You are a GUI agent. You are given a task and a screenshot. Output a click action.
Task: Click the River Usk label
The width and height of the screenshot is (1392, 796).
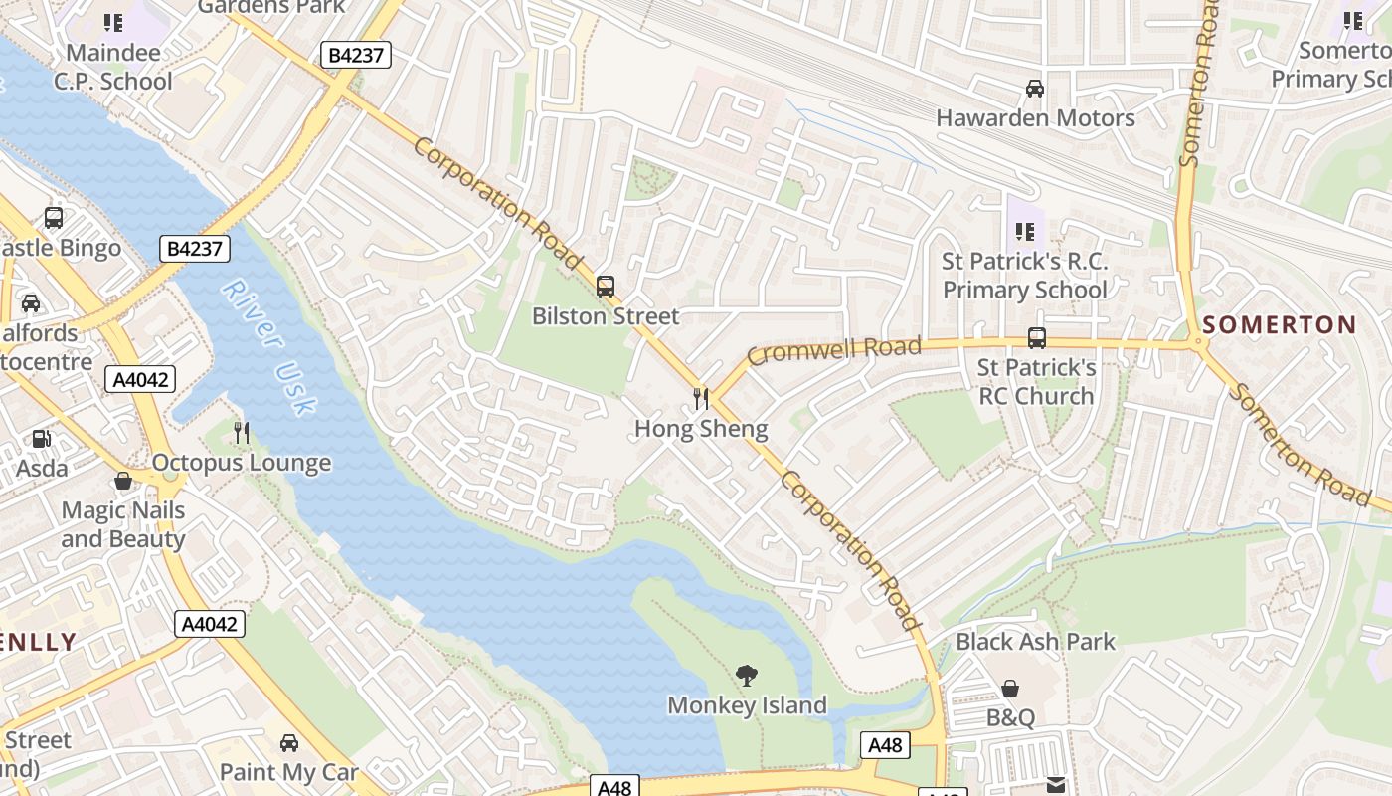[268, 346]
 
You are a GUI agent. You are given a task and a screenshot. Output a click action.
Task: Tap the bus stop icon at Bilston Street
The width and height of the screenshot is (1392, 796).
[605, 287]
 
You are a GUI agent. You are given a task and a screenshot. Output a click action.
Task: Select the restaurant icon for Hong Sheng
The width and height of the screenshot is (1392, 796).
[701, 399]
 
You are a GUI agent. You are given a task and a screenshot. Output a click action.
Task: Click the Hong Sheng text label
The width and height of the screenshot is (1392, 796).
[701, 429]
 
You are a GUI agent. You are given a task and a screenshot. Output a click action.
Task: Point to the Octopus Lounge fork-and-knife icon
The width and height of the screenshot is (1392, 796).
[241, 432]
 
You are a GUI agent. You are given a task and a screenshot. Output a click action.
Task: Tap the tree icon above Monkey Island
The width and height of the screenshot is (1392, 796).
[746, 676]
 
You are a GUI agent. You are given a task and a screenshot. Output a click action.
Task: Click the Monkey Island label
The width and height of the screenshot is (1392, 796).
[747, 705]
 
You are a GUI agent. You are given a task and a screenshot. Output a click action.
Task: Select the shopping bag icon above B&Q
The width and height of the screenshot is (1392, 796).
[1010, 688]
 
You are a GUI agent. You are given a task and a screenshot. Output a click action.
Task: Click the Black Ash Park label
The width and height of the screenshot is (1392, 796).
[1035, 642]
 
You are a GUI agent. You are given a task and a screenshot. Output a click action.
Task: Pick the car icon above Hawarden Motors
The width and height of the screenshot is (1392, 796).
[1035, 88]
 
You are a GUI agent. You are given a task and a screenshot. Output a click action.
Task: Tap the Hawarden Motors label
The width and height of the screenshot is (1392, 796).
[1035, 118]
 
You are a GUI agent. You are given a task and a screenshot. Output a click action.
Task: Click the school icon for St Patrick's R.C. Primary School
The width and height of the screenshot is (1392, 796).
[1025, 232]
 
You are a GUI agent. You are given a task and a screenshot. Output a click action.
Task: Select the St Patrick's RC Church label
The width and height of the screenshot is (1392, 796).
[1036, 381]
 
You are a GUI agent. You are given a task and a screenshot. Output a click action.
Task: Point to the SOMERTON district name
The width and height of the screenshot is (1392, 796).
[1279, 324]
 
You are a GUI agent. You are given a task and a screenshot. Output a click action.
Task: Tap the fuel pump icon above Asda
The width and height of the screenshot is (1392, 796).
[41, 438]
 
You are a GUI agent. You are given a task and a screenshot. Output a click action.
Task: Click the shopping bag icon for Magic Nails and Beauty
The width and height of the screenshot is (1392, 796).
[123, 482]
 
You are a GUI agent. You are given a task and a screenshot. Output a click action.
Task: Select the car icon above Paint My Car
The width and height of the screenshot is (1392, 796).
[288, 742]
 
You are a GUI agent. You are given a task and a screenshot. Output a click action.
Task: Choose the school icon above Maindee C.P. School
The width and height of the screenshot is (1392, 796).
[113, 22]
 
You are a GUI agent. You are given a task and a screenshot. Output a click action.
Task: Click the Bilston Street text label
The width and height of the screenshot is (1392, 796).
[606, 316]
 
